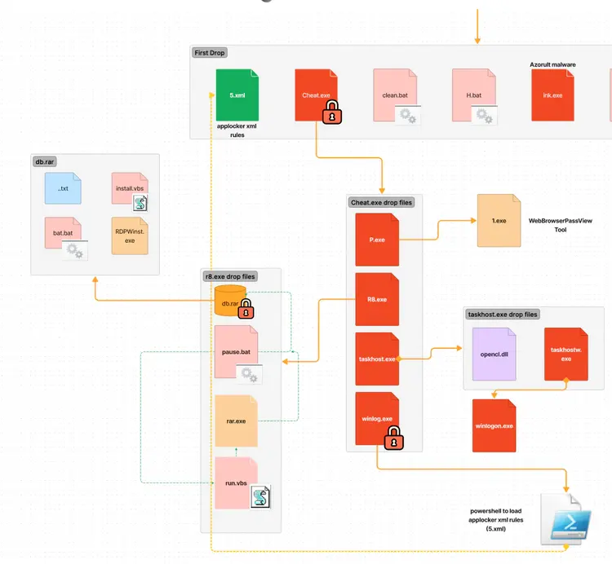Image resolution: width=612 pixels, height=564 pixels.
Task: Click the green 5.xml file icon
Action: (237, 95)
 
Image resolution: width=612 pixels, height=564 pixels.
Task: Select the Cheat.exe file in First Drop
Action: (316, 95)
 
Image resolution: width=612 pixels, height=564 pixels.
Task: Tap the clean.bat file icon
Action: (395, 95)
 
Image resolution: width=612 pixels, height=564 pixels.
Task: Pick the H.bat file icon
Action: (474, 95)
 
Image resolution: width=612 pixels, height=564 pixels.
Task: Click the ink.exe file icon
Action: (552, 95)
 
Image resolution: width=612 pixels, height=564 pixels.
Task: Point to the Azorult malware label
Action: (552, 64)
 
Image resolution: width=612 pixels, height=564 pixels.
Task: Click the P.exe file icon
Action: (377, 240)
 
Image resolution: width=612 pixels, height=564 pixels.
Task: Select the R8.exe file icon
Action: (377, 299)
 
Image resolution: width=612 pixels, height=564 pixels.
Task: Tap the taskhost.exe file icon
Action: (377, 359)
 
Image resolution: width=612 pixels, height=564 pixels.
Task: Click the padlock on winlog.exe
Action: (394, 440)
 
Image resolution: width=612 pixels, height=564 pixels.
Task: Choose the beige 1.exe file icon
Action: (499, 220)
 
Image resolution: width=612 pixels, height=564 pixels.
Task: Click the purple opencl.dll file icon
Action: (494, 354)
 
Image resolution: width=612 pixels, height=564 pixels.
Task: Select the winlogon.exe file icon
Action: (494, 425)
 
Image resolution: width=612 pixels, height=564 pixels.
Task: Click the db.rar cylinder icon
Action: (229, 302)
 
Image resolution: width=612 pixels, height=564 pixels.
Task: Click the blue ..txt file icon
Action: (63, 189)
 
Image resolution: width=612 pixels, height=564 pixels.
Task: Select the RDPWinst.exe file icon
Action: (130, 236)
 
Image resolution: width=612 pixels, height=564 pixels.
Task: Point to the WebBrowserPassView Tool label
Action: (561, 225)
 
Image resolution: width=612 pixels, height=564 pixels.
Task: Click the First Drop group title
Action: (210, 53)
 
